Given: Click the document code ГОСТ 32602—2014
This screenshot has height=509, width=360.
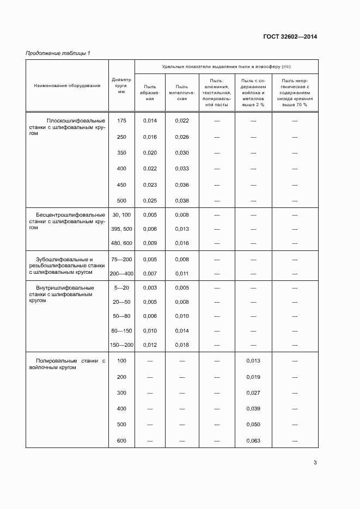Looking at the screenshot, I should point(290,37).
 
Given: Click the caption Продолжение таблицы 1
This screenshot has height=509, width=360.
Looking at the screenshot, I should point(58,53).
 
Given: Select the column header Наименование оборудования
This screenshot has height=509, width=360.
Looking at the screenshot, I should point(67,85).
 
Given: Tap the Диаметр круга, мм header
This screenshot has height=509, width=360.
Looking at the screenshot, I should point(121,85).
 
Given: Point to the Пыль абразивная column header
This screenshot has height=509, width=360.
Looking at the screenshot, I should point(150,93).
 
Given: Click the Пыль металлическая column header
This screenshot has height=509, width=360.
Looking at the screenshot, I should point(182,93).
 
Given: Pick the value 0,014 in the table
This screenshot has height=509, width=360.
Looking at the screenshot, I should point(150,121).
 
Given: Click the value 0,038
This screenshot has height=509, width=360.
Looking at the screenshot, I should point(182,201).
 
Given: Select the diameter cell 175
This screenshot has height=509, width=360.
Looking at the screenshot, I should point(121,121).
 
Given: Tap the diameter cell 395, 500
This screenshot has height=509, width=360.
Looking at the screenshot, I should point(121,229).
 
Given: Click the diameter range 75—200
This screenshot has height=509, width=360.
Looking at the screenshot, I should point(121,260).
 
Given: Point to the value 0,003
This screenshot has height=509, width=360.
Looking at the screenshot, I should point(150,288).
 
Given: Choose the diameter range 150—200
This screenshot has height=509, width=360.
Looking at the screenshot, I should point(121,345).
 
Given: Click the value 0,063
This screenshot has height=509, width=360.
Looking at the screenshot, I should point(253,440).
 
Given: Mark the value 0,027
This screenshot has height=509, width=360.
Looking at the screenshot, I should point(253,393).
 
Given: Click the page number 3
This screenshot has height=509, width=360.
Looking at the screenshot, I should point(315,463).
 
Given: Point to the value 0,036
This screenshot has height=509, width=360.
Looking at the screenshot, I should point(182,185).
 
